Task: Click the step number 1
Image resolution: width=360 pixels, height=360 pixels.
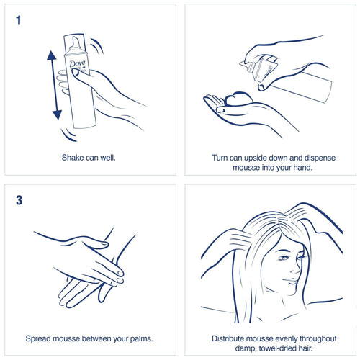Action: point(19,20)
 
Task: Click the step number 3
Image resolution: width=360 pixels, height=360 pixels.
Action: point(19,200)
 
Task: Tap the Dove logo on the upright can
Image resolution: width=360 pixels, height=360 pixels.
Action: point(77,63)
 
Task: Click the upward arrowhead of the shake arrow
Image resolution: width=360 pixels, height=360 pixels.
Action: point(52,55)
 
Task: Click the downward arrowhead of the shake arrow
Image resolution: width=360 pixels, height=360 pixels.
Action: point(57,114)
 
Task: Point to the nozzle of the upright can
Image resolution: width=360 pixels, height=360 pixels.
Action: point(76,44)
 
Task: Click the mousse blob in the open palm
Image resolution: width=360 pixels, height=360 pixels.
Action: point(238,99)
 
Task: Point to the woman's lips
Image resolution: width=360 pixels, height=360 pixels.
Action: point(291,280)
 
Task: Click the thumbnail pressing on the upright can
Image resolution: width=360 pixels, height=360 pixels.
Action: point(75,72)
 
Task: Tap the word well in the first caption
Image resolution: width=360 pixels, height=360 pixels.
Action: point(108,158)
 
